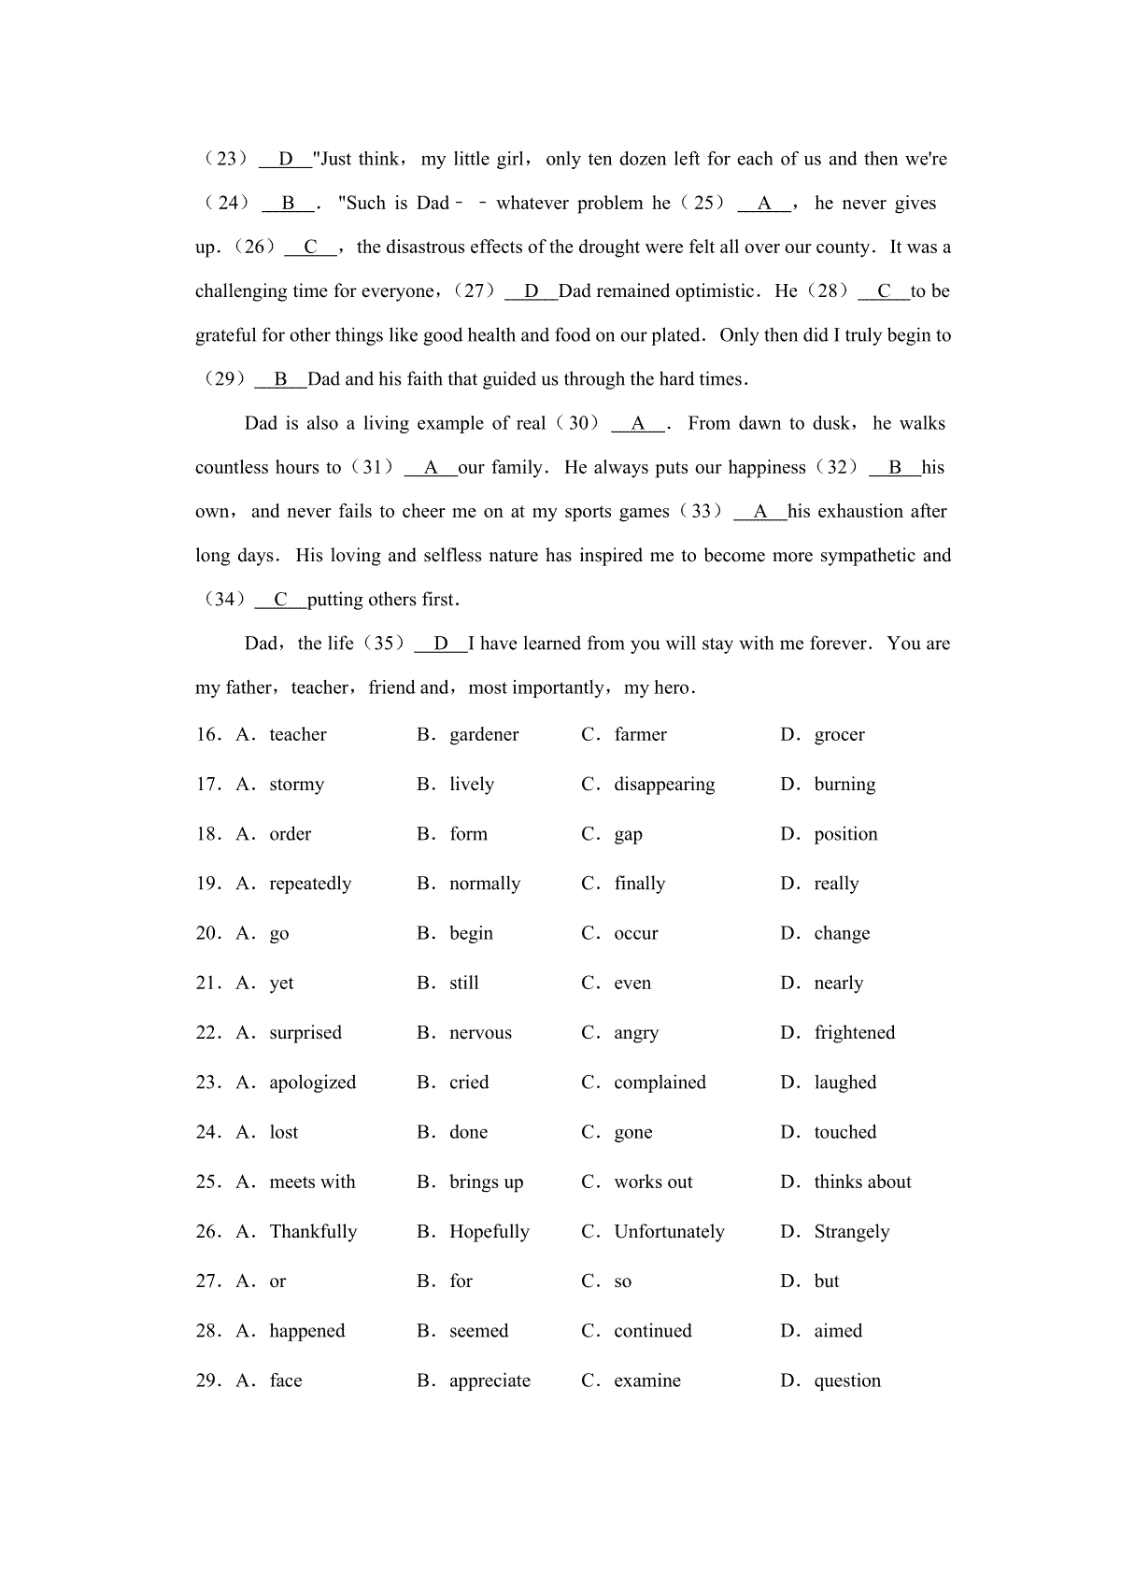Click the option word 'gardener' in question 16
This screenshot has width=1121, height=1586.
pos(483,735)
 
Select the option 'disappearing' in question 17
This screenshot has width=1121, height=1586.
pos(664,785)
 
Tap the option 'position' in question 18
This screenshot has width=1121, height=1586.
pos(845,834)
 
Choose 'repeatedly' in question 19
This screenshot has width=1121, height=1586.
pos(310,884)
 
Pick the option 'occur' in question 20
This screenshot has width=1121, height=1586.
pos(635,933)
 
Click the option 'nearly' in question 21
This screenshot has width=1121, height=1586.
pos(838,983)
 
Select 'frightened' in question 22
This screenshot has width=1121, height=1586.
pos(854,1032)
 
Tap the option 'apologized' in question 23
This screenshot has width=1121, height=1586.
pos(312,1083)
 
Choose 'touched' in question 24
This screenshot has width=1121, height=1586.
pos(844,1132)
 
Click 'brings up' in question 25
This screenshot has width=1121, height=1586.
pos(486,1182)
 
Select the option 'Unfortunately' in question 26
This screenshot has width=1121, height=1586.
pos(669,1231)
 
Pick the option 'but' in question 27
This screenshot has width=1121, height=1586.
pos(826,1281)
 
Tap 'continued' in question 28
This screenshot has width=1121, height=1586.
pos(652,1331)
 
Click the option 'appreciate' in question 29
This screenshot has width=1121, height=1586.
pos(490,1381)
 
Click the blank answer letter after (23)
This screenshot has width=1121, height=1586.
pos(286,159)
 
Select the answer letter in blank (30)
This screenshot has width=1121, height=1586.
pos(638,423)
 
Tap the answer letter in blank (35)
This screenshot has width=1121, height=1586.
pos(441,644)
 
